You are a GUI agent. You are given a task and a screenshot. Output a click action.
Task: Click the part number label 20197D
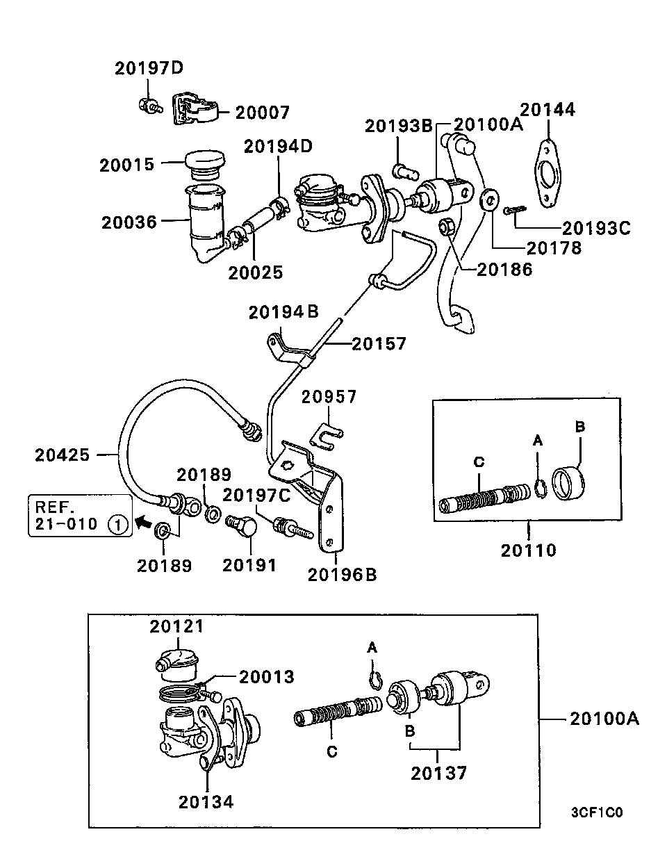click(x=149, y=68)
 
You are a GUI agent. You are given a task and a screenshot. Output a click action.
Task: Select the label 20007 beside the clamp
click(x=262, y=112)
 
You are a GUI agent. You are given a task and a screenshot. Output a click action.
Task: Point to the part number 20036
click(x=130, y=222)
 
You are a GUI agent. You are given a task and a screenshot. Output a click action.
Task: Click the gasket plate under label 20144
click(x=550, y=174)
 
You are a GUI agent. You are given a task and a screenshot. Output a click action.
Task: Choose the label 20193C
click(x=595, y=227)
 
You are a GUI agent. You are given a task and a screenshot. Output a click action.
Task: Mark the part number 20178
click(x=553, y=247)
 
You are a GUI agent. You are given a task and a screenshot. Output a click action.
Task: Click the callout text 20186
click(x=504, y=270)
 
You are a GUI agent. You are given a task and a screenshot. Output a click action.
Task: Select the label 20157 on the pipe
click(x=379, y=343)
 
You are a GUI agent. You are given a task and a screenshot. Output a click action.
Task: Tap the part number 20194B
click(x=283, y=312)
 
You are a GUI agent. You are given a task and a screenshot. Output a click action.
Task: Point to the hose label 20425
click(x=63, y=455)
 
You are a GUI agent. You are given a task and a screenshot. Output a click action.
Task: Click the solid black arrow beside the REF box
click(x=144, y=520)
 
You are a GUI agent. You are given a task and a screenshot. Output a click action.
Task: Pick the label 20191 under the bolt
click(x=249, y=565)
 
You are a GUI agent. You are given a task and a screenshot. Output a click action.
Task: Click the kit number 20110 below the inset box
click(x=529, y=550)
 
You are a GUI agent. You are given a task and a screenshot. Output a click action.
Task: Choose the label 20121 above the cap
click(x=177, y=626)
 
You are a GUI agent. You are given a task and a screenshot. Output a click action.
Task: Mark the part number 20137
click(x=438, y=773)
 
